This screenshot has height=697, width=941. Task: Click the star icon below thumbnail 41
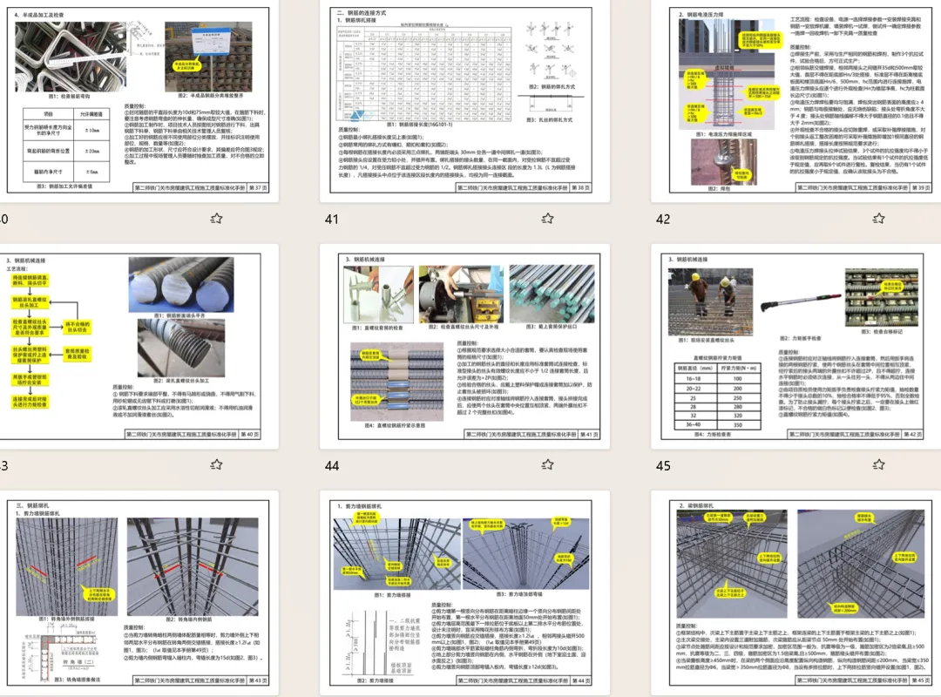547,219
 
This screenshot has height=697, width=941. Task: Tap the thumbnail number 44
331,466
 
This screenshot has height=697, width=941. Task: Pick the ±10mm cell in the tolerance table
91,131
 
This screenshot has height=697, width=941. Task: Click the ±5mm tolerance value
91,173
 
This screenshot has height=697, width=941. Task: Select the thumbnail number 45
664,466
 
